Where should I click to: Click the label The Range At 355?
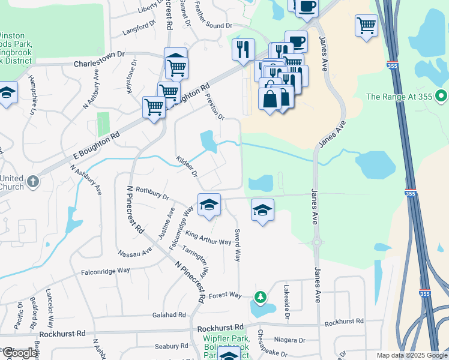coord(400,96)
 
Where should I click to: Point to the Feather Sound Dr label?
coord(213,26)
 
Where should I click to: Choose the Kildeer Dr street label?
coord(187,166)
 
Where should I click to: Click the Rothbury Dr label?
coord(153,193)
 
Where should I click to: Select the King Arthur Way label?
coord(208,238)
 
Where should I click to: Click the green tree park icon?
coord(260,296)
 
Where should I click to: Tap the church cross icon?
coord(33,180)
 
